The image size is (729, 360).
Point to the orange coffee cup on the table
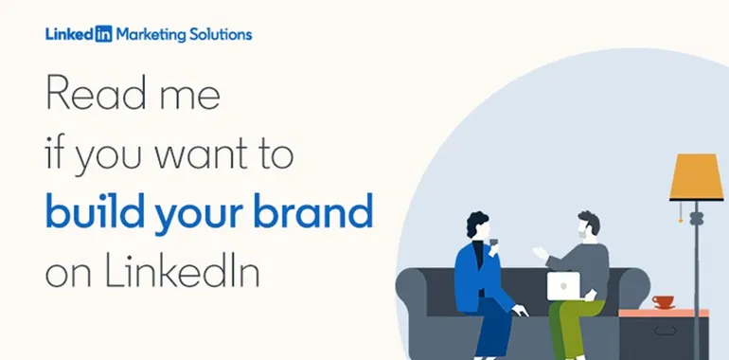click(663, 302)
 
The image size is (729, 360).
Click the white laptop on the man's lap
click(563, 285)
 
